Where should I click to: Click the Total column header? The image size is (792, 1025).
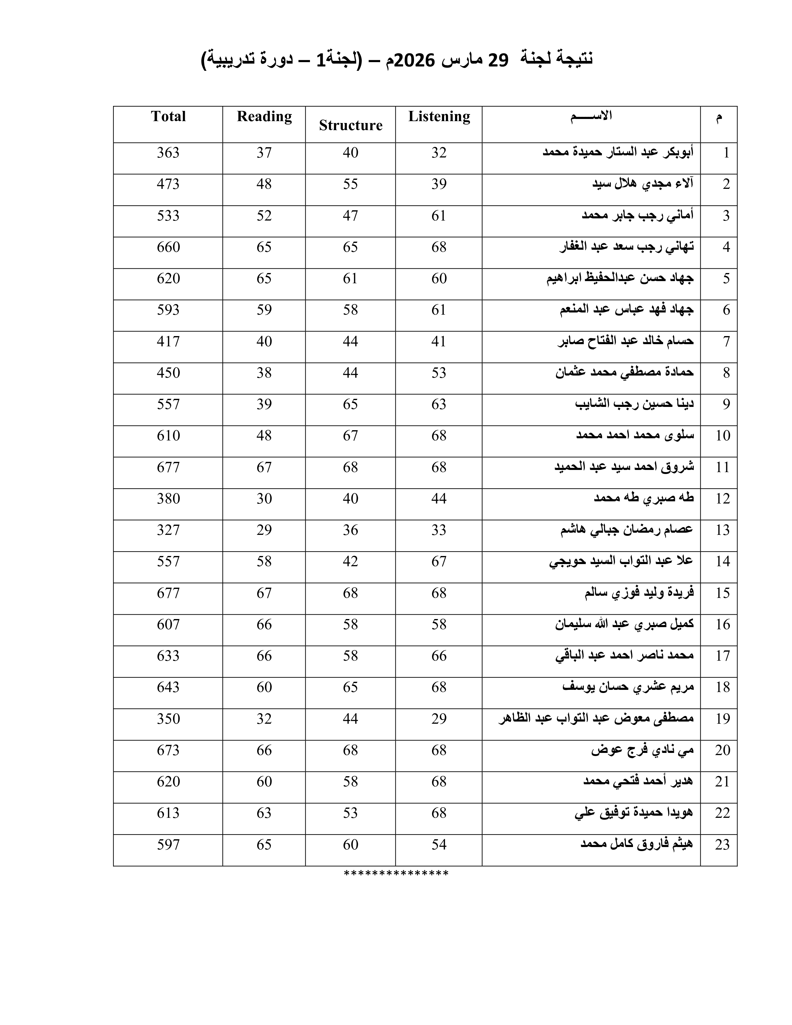coord(168,116)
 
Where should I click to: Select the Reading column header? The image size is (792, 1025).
coord(264,116)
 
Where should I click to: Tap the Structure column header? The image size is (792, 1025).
coord(350,125)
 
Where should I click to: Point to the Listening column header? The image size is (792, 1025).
coord(439,116)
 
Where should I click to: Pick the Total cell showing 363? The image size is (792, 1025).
coord(168,153)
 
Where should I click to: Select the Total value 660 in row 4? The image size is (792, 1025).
coord(168,247)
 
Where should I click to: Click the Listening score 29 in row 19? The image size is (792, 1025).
coord(439,718)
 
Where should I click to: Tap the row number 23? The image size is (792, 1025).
coord(722,844)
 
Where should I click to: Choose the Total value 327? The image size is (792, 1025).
coord(168,530)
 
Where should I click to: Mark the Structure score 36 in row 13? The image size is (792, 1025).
coord(350,530)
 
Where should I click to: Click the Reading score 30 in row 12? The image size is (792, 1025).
coord(264,499)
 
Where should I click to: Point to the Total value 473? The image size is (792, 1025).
coord(168,184)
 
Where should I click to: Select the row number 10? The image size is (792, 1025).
coord(722,435)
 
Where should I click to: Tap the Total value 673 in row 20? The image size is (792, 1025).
coord(168,750)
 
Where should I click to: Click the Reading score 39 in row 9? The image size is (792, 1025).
coord(264,404)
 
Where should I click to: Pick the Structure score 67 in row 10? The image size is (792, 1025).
coord(350,435)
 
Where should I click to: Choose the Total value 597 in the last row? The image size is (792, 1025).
coord(168,844)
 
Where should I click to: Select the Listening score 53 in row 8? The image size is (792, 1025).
coord(439,373)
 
